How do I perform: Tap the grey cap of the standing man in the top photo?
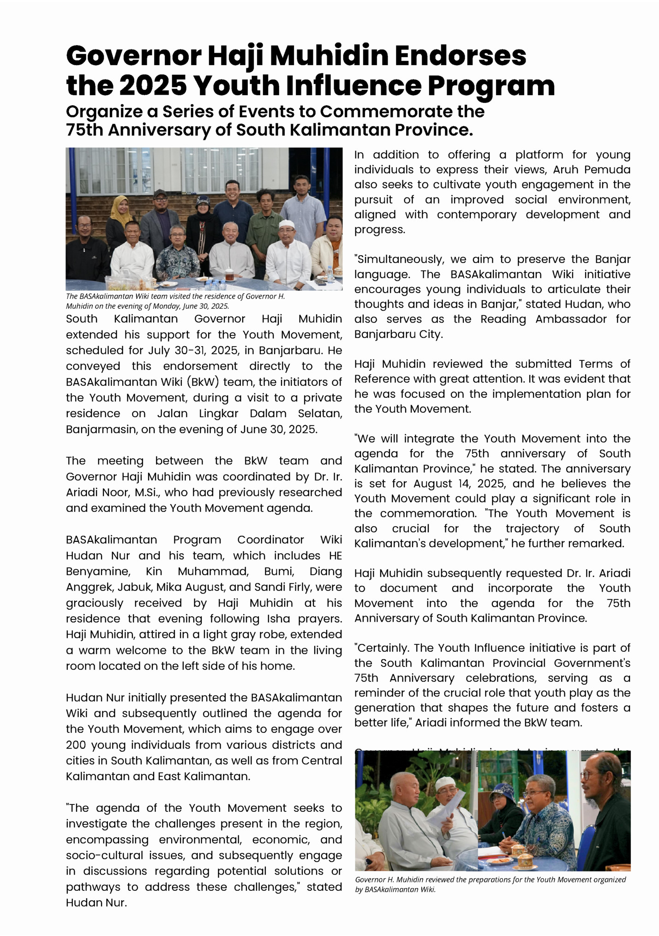tap(160, 193)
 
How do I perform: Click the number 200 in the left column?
tap(76, 745)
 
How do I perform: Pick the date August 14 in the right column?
tap(438, 484)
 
